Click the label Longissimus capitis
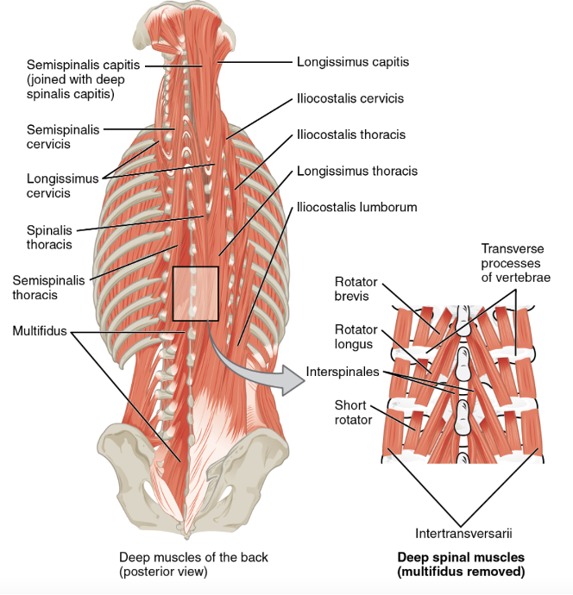(352, 62)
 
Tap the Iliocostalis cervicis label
(349, 98)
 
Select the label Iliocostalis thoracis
(350, 135)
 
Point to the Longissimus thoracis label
(356, 171)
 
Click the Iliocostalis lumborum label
(356, 207)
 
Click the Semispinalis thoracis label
(47, 287)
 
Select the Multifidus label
(41, 331)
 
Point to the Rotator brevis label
(351, 288)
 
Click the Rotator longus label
(351, 336)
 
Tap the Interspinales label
(342, 373)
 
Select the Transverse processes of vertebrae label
(515, 263)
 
